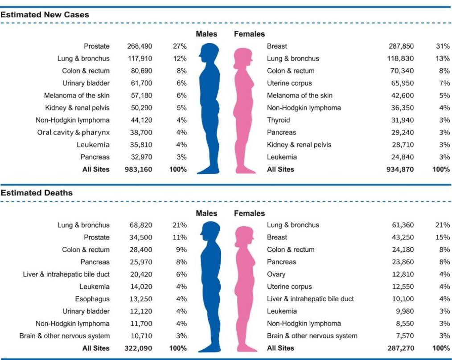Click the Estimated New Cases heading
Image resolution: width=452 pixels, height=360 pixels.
[45, 15]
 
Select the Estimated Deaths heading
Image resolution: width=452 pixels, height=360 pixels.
[37, 193]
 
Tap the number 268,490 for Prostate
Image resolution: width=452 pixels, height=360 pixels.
[137, 46]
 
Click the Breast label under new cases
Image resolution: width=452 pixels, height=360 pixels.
[277, 46]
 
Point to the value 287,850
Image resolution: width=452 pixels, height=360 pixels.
[400, 46]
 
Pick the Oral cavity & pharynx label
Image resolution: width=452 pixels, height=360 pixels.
[73, 132]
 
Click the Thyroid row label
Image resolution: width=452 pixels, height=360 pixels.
[278, 120]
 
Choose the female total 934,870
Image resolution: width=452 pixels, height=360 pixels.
[400, 169]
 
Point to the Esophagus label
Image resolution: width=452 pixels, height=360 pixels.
[92, 299]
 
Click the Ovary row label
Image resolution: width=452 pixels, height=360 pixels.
[276, 274]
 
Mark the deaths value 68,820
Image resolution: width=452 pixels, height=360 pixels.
[139, 225]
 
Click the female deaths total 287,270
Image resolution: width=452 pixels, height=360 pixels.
[400, 348]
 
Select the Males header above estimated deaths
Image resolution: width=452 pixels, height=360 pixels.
[206, 213]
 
